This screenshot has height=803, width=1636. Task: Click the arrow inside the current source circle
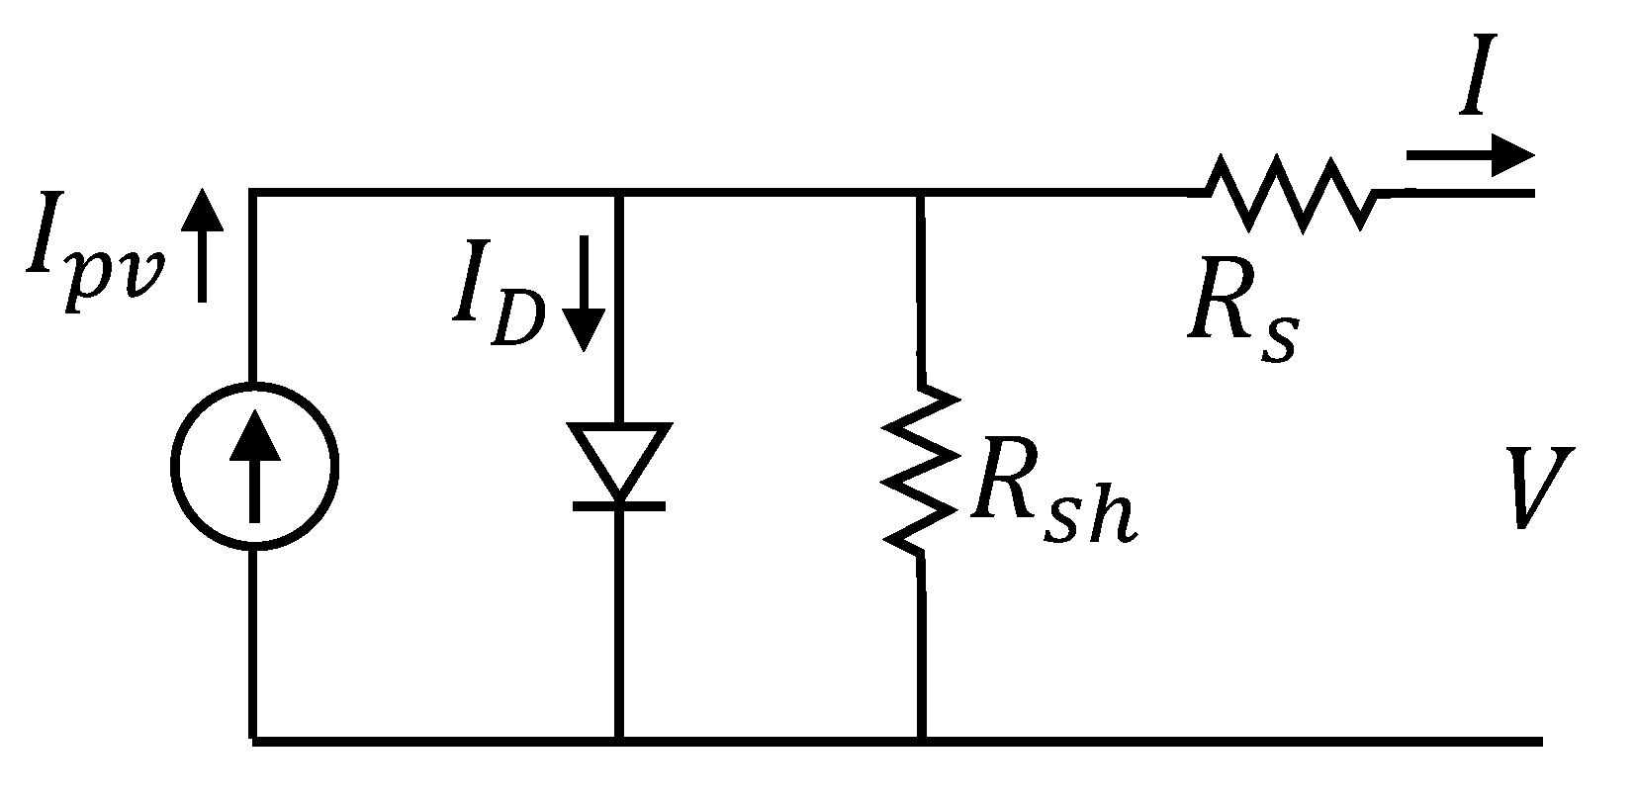coord(254,465)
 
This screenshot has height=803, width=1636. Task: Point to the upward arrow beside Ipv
coord(202,244)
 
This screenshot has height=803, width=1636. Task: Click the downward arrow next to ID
coord(583,294)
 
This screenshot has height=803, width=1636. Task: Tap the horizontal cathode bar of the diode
coord(619,505)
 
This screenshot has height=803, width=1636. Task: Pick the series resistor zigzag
coord(1292,192)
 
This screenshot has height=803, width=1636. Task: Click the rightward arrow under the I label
coord(1470,156)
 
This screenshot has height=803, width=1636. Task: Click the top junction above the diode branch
coord(619,192)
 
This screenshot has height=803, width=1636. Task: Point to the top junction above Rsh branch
coord(922,192)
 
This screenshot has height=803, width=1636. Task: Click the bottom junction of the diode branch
coord(619,739)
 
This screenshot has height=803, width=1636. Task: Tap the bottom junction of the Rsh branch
coord(922,739)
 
